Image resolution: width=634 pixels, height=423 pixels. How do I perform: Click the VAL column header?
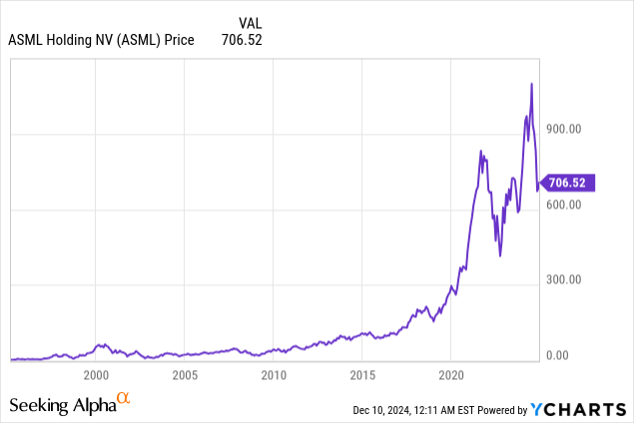coord(251,22)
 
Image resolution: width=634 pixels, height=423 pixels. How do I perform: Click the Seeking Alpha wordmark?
coord(62,405)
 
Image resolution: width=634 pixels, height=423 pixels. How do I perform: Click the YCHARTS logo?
coord(580,409)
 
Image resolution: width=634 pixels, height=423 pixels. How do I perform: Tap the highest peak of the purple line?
coord(531,84)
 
